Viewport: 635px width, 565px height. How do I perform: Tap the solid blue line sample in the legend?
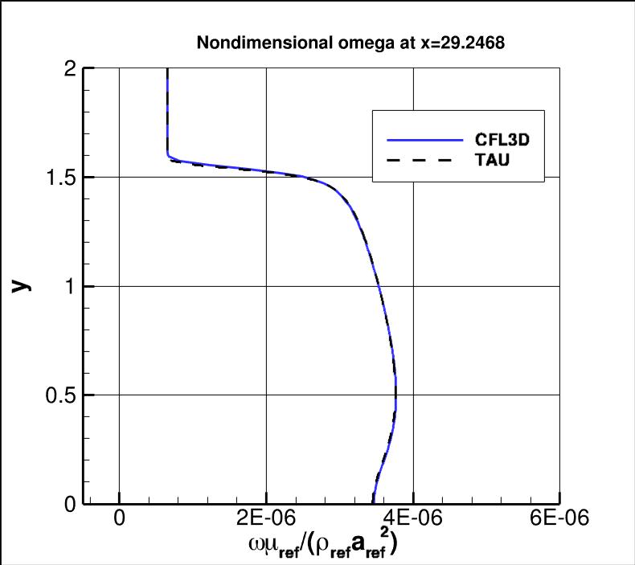(x=425, y=140)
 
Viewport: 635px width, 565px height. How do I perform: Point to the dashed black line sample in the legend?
(x=425, y=162)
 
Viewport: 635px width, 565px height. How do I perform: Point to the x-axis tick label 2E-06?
(x=266, y=518)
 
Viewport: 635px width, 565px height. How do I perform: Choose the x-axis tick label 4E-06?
(x=413, y=518)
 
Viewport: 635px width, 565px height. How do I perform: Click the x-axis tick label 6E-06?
(x=559, y=518)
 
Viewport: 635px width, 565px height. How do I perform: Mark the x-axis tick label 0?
(x=120, y=518)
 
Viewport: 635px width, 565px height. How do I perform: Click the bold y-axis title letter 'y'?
(x=20, y=285)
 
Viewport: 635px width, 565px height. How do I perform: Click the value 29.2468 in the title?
(x=473, y=43)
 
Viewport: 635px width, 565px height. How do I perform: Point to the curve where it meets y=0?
(x=373, y=503)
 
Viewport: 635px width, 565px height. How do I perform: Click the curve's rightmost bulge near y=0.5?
(x=395, y=394)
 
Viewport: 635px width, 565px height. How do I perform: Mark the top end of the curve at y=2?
(x=167, y=71)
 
